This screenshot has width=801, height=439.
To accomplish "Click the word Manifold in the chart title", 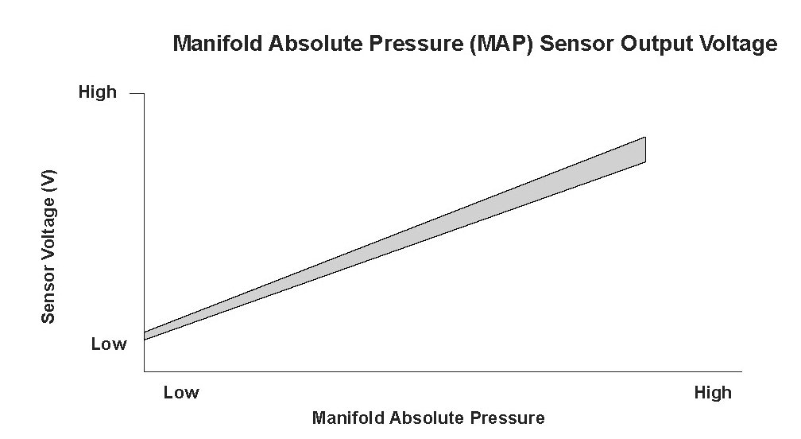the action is [217, 44].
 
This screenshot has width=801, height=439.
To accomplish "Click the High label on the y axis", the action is [97, 93].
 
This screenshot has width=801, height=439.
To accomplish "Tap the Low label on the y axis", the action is [108, 344].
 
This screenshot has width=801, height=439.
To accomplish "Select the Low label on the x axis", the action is [180, 393].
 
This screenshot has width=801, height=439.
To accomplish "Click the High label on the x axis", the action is [712, 393].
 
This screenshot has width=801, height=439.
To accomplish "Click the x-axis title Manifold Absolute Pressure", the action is [428, 418].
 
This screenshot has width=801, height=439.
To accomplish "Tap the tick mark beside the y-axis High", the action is [137, 93].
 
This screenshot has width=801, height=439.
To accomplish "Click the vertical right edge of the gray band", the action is [645, 150].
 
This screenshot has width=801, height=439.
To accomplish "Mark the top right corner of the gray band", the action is [645, 138].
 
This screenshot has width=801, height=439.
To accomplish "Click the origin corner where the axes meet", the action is [144, 371].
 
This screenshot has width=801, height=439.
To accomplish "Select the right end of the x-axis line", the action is [741, 371].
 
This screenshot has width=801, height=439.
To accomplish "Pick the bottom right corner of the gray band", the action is [645, 162].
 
